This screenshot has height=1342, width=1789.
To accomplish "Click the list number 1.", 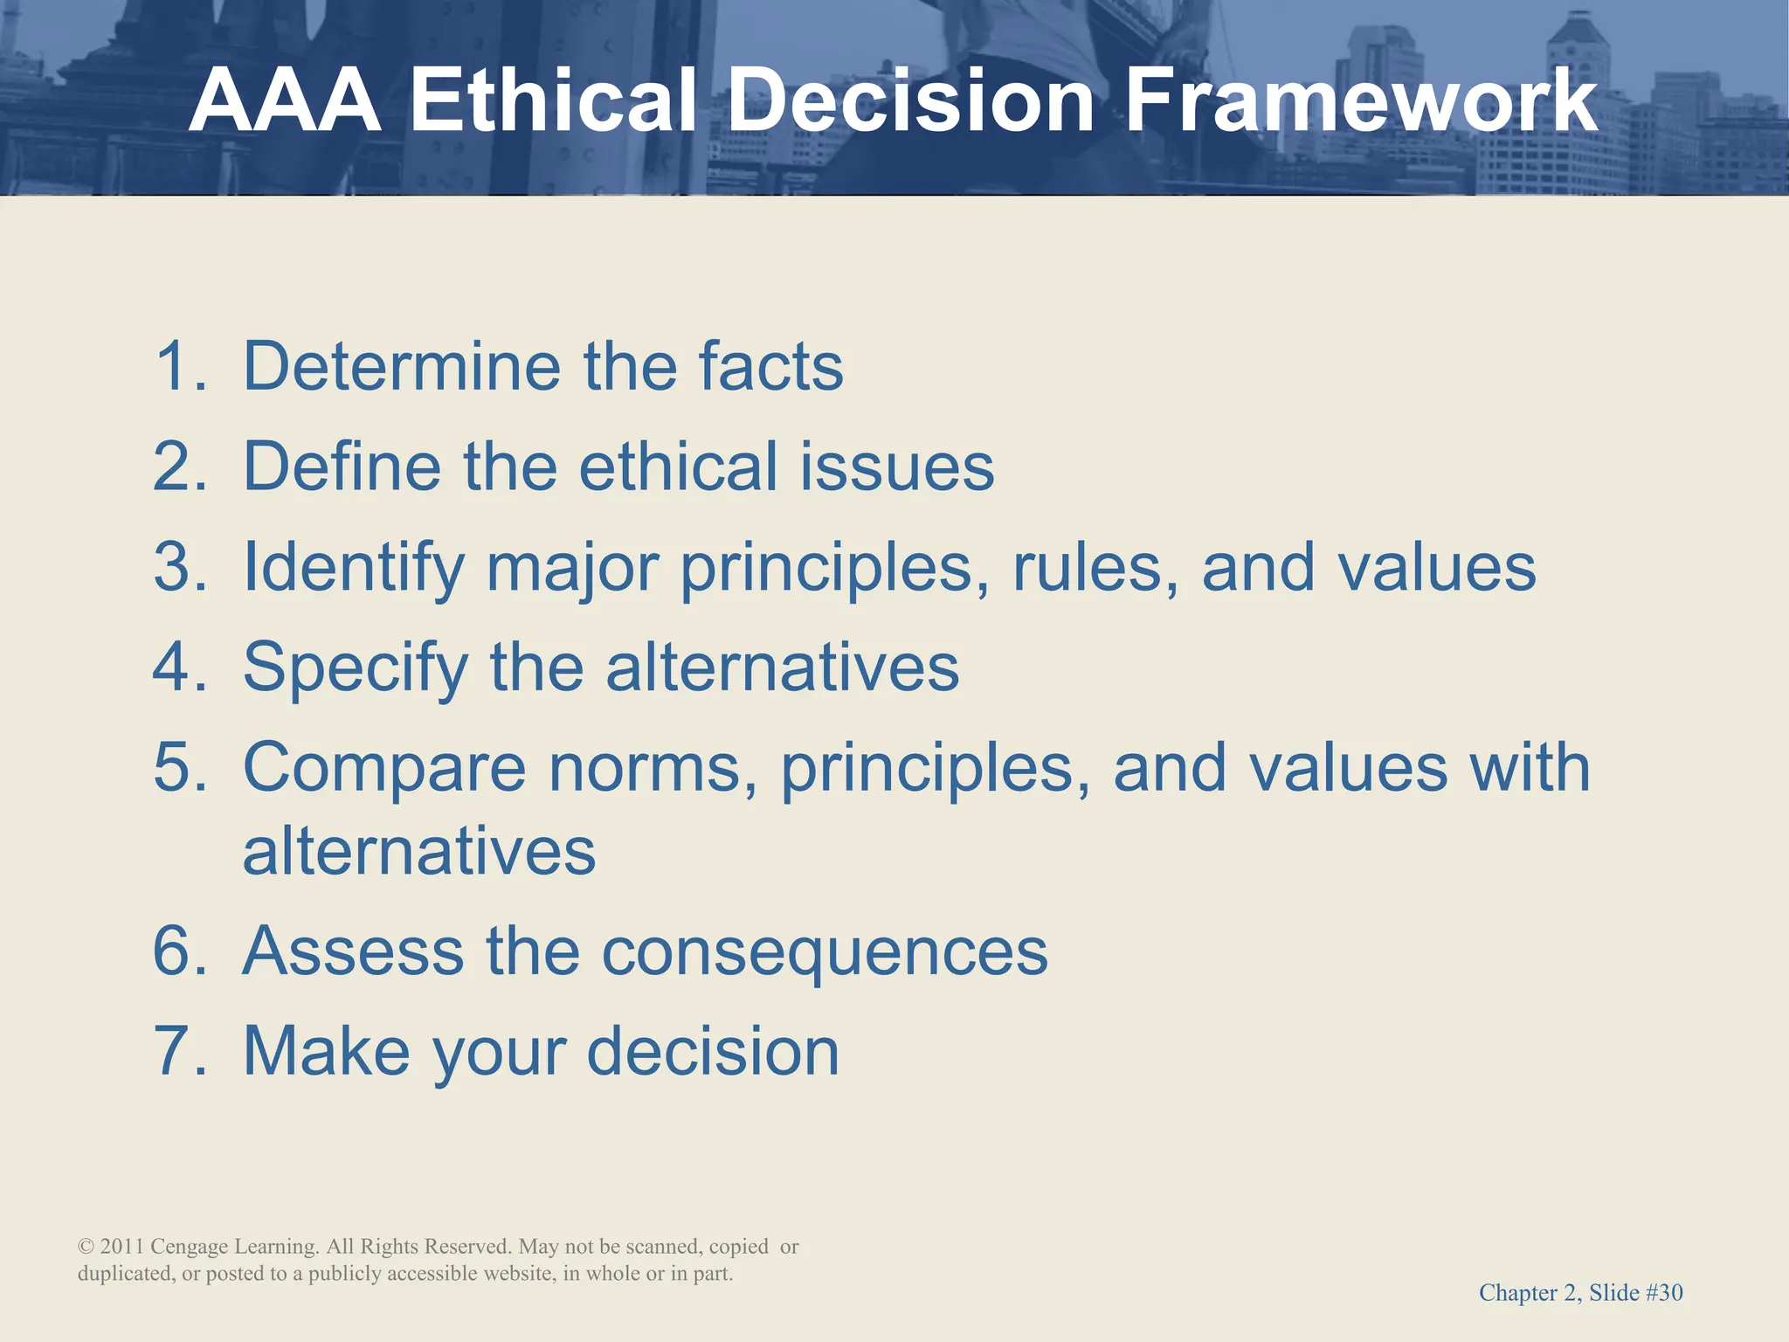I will click(x=178, y=366).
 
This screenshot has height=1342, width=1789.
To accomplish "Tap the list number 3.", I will click(x=178, y=567).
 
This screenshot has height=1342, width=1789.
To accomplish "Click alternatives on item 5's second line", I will click(x=419, y=852).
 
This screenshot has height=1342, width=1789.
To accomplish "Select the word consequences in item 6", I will click(x=825, y=951).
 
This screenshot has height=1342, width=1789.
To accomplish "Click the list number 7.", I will click(x=178, y=1051).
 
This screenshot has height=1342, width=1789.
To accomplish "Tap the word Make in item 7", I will click(x=326, y=1051).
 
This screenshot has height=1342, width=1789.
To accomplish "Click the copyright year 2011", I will click(x=121, y=1247).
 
